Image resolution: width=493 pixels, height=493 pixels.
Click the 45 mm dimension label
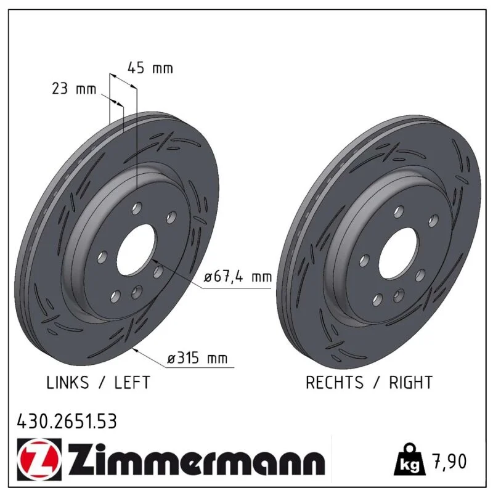150,68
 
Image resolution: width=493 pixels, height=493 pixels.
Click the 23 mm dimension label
74,89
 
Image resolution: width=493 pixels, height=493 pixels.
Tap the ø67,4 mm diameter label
238,277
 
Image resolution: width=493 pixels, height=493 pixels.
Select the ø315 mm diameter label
197,358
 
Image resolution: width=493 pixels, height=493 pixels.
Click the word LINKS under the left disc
68,382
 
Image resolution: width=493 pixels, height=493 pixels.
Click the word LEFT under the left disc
132,382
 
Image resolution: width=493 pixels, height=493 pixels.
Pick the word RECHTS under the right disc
335,382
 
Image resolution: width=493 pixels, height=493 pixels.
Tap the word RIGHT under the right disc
410,382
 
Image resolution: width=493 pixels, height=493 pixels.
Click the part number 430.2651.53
67,422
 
